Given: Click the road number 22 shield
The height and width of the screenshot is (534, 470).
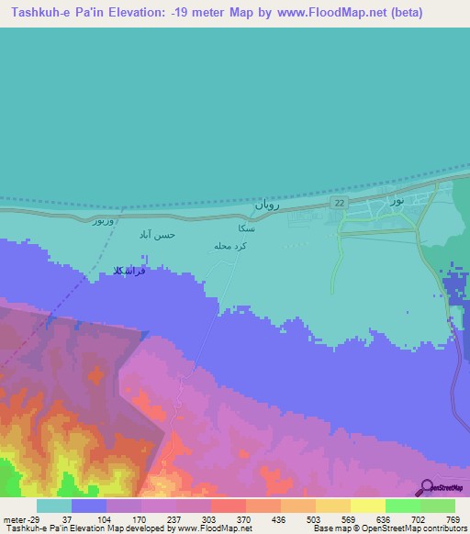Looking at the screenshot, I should pyautogui.click(x=339, y=203).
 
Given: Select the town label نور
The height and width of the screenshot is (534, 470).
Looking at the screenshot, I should pyautogui.click(x=397, y=199).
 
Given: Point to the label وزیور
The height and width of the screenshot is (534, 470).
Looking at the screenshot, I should pyautogui.click(x=105, y=222).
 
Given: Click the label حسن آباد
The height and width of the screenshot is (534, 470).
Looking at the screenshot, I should pyautogui.click(x=156, y=236).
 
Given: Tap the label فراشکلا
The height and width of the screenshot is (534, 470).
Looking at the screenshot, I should pyautogui.click(x=128, y=272).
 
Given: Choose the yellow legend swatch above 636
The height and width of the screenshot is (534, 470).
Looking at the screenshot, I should pyautogui.click(x=367, y=506).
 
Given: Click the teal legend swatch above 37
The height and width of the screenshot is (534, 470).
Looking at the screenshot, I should pyautogui.click(x=54, y=506).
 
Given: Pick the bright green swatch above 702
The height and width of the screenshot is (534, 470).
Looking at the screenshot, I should pyautogui.click(x=402, y=506).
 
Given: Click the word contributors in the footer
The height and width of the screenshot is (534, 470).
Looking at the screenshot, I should pyautogui.click(x=440, y=528).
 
